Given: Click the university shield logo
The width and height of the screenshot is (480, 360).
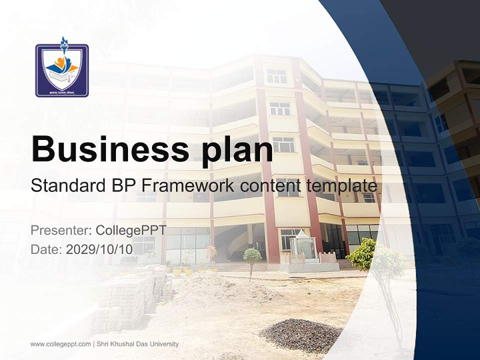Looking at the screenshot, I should (62, 69).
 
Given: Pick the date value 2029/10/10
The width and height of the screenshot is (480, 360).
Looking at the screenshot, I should (99, 249).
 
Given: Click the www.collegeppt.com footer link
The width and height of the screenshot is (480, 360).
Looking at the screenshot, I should (60, 344).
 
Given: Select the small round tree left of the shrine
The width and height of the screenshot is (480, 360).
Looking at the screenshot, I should (252, 257).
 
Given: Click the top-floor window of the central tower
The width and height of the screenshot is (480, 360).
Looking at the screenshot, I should (276, 76).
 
